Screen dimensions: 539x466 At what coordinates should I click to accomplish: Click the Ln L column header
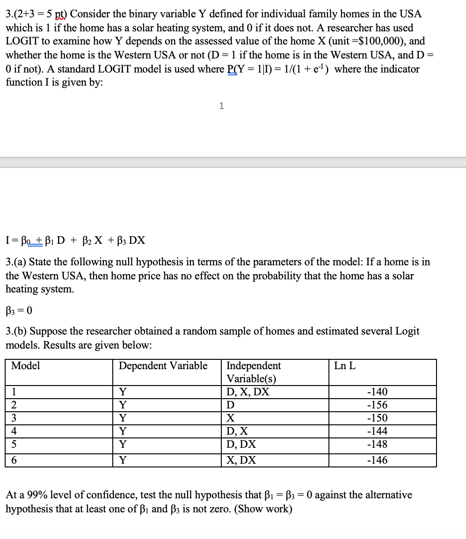click(x=345, y=366)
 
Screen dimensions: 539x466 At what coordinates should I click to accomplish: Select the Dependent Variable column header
click(x=163, y=366)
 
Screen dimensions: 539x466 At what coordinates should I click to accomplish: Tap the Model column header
click(x=26, y=366)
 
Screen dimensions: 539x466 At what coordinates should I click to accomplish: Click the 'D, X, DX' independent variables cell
click(x=248, y=392)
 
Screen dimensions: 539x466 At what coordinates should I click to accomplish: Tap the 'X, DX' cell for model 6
click(x=241, y=460)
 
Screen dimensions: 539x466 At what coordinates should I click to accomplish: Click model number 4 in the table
click(x=14, y=431)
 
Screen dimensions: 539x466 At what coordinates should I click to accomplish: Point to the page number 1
click(x=221, y=106)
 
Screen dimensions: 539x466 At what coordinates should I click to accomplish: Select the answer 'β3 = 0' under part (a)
click(x=19, y=310)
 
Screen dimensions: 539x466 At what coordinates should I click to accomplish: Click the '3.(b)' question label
click(x=16, y=332)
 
